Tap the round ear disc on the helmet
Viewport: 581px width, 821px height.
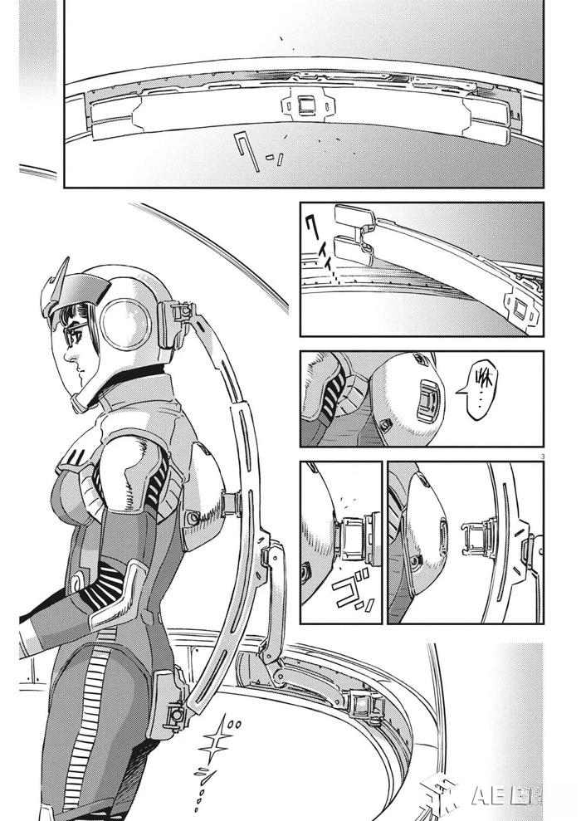[127, 325]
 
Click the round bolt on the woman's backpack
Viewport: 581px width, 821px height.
[193, 516]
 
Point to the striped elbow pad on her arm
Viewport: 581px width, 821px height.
[107, 581]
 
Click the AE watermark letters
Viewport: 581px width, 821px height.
[493, 794]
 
